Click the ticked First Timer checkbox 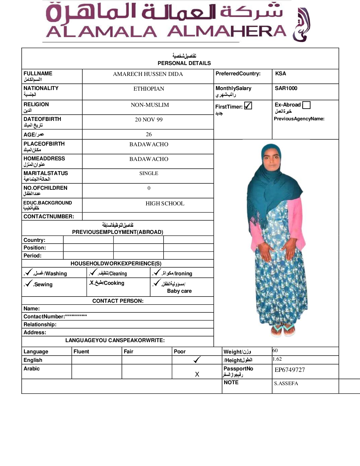[248, 106]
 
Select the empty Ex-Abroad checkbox [306, 105]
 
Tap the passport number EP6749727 [289, 370]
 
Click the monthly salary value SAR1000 [286, 88]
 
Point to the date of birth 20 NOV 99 [149, 119]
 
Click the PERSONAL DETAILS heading [184, 63]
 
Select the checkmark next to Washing [29, 272]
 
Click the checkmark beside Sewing [29, 283]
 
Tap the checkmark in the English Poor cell [197, 360]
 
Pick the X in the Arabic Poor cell [197, 374]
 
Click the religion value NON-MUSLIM [150, 105]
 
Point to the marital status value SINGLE [149, 173]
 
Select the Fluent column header [81, 351]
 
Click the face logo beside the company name [302, 25]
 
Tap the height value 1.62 [277, 359]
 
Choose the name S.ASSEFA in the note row [286, 383]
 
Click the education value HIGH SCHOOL [165, 203]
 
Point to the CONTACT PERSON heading [118, 301]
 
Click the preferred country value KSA [280, 74]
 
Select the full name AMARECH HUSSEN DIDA [148, 74]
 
